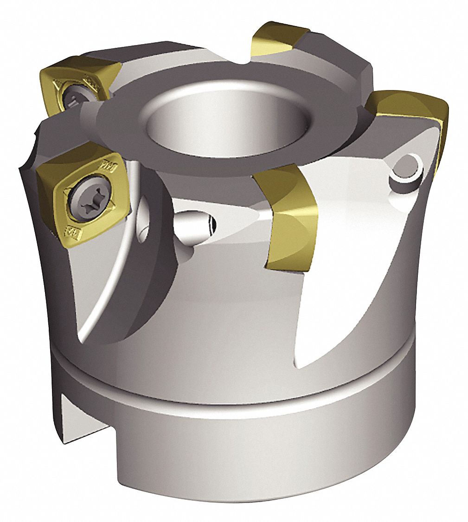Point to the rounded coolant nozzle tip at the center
pyautogui.click(x=198, y=223)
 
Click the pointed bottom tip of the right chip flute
pyautogui.click(x=301, y=367)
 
